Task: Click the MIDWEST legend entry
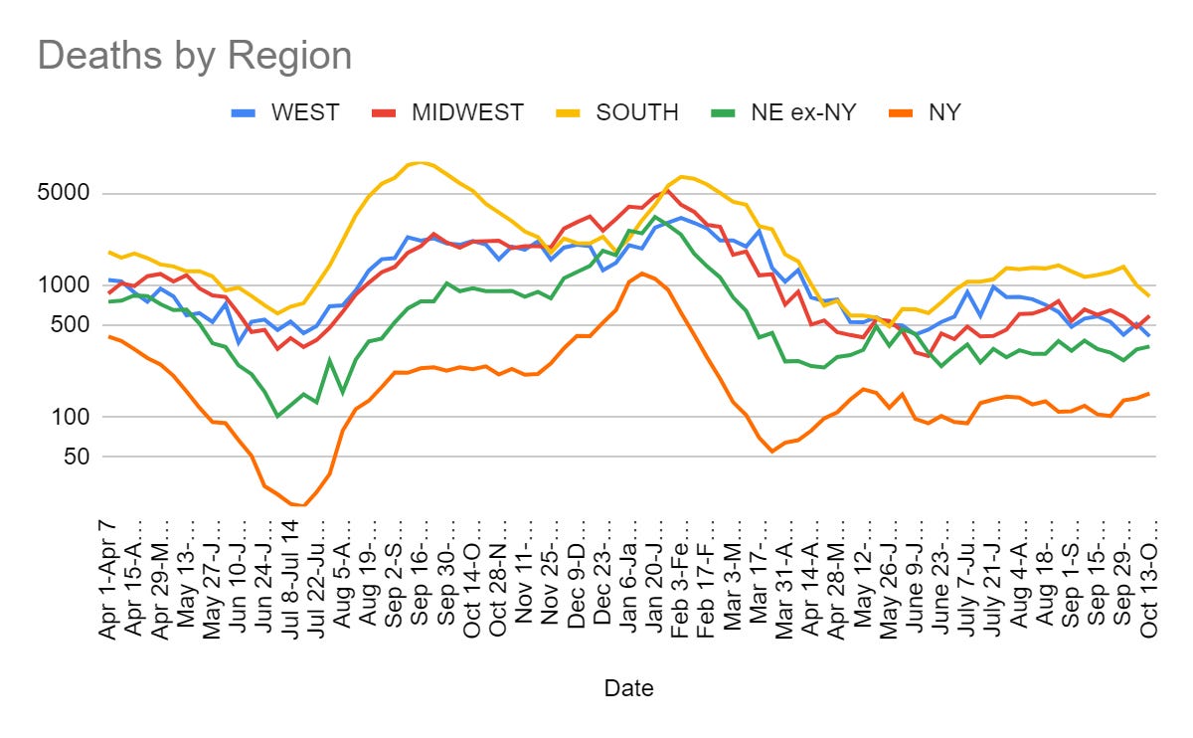[467, 112]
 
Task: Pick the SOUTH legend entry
[637, 112]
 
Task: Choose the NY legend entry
[943, 112]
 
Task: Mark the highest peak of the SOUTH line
[422, 162]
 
